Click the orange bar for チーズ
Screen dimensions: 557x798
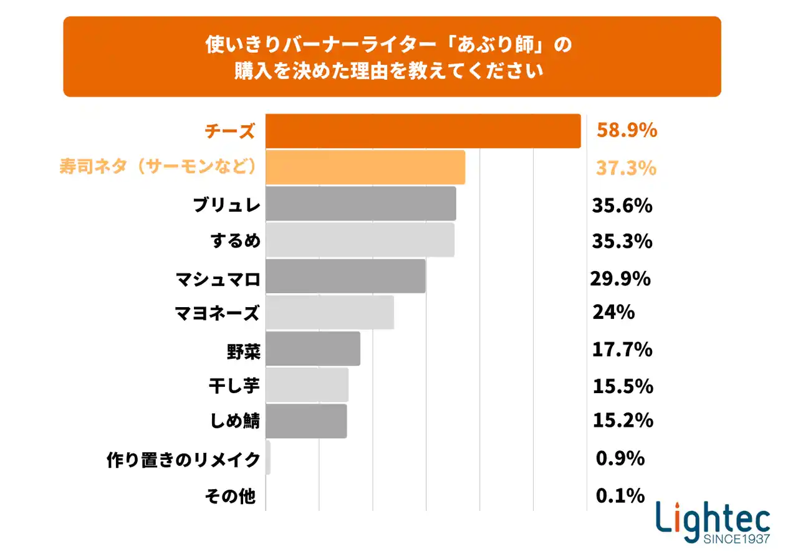[x=423, y=131]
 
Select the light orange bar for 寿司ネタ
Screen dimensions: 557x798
[x=365, y=168]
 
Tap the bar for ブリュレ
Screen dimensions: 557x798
[x=360, y=204]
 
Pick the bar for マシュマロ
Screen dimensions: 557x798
[x=345, y=276]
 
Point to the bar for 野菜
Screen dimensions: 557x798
[x=313, y=349]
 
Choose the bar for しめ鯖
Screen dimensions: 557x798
[x=306, y=421]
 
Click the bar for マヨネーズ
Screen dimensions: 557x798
[x=330, y=312]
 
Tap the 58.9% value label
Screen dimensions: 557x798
[x=627, y=131]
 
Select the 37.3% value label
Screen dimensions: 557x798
[x=626, y=168]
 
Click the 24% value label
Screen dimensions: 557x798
[x=613, y=312]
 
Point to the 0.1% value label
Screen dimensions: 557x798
[x=620, y=496]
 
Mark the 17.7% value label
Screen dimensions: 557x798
[x=622, y=349]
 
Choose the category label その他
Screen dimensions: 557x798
[x=230, y=497]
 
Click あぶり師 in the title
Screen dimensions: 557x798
[x=492, y=46]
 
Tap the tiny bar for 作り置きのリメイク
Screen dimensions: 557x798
[x=268, y=458]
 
